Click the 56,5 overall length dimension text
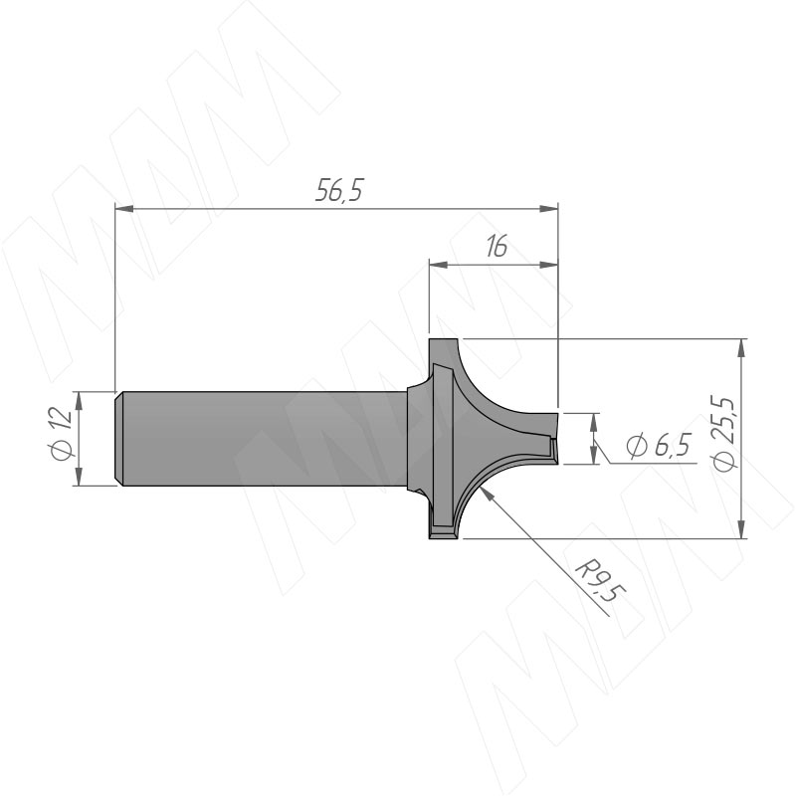point(339,190)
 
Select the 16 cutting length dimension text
point(497,247)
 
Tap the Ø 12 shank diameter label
point(61,434)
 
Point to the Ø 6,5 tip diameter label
point(659,446)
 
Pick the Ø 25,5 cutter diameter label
point(723,435)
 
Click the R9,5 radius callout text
point(601,580)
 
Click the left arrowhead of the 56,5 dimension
point(124,209)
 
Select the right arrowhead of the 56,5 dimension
point(549,209)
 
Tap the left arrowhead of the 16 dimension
point(439,265)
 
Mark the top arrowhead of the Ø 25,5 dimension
point(742,348)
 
